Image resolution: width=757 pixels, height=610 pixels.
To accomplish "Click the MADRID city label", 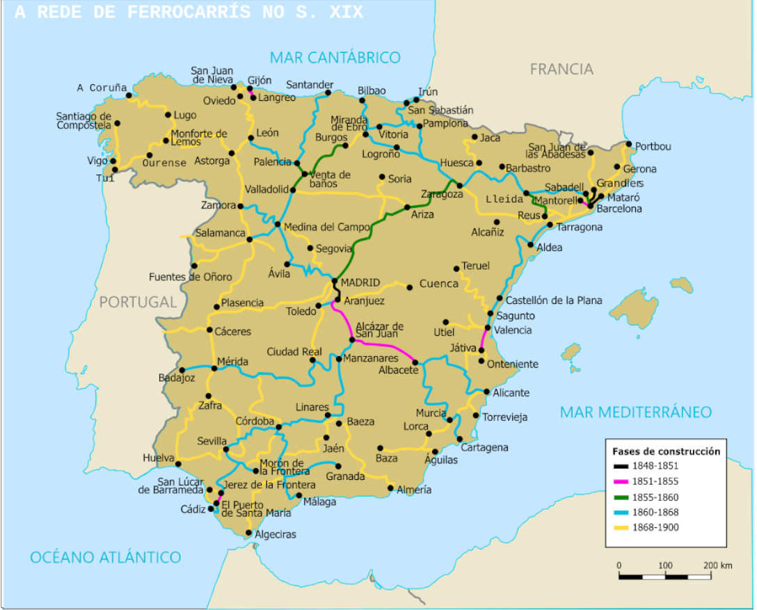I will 360,282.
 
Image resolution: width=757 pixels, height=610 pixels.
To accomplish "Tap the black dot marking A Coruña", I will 129,95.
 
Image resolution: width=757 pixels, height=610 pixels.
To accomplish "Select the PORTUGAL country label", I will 138,302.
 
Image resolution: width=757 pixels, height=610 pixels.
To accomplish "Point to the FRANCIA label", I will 561,69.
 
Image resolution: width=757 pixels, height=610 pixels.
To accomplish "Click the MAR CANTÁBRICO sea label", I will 335,57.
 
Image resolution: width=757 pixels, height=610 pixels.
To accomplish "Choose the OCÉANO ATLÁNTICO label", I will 105,557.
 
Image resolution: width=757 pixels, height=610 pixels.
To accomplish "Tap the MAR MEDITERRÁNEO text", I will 636,412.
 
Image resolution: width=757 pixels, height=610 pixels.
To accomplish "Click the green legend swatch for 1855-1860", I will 620,497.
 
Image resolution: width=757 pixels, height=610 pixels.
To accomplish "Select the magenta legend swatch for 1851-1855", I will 620,481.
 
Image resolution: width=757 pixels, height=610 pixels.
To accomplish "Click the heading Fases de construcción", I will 666,451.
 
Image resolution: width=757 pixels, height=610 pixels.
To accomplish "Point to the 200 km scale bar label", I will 717,565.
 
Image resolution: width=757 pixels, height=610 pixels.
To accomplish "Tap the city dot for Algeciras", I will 248,533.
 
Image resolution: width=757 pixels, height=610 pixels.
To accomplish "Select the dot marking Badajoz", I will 182,370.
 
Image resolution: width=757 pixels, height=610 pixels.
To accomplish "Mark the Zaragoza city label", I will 442,194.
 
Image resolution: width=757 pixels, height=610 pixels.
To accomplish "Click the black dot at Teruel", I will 456,268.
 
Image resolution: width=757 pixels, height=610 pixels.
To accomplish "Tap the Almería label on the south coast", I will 414,490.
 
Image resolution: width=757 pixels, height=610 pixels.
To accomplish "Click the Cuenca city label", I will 439,284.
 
